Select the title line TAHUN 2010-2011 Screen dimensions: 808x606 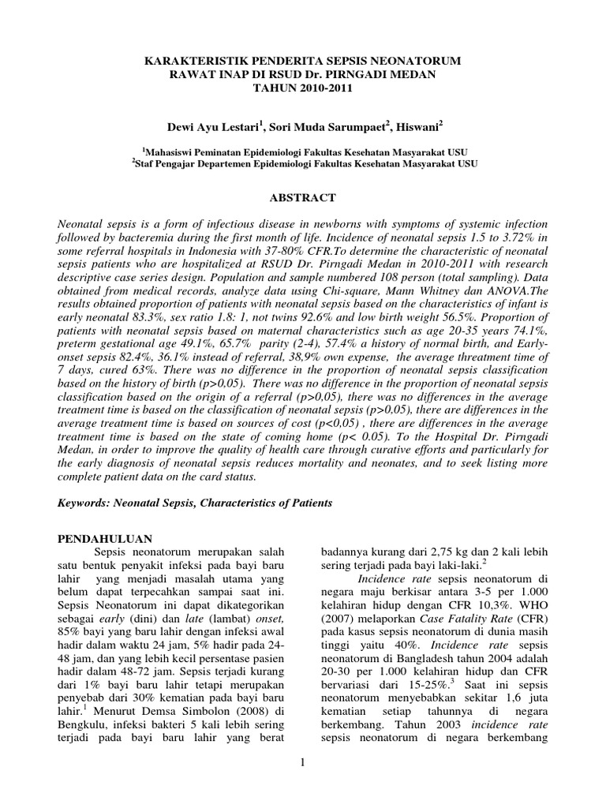[302, 88]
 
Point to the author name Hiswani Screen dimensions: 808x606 [417, 125]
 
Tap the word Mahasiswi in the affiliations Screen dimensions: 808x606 [179, 150]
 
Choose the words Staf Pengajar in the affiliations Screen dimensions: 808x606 [169, 163]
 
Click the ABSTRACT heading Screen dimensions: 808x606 [303, 198]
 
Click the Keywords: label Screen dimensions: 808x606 [89, 503]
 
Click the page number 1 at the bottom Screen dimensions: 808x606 [303, 761]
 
